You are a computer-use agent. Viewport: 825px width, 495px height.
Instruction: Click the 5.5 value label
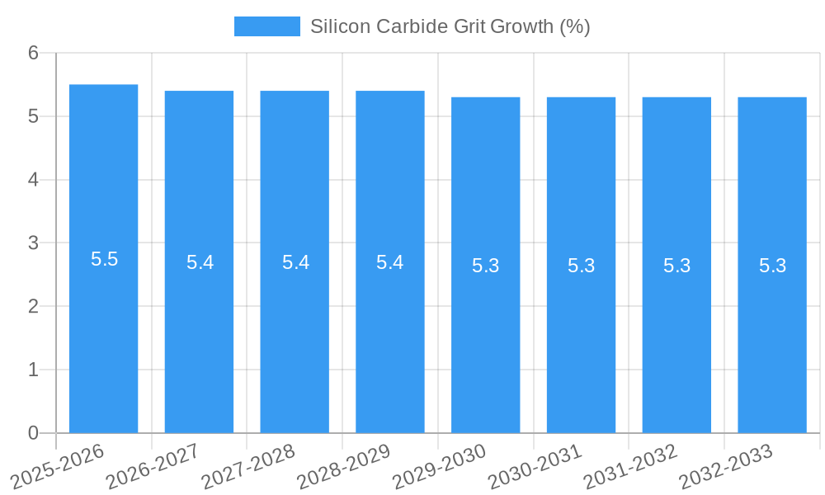pyautogui.click(x=105, y=259)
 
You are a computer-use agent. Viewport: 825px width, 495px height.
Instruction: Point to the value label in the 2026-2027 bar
pyautogui.click(x=200, y=262)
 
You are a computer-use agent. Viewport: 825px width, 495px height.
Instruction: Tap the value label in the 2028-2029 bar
pyautogui.click(x=389, y=262)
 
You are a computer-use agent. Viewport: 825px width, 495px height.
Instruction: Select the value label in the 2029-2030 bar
pyautogui.click(x=486, y=266)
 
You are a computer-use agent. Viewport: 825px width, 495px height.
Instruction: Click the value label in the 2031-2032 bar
pyautogui.click(x=676, y=266)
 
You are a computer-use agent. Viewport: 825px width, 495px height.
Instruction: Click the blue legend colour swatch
pyautogui.click(x=266, y=26)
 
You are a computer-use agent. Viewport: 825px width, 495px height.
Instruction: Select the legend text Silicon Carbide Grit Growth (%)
pyautogui.click(x=450, y=26)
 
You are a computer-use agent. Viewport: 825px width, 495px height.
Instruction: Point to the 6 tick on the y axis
pyautogui.click(x=33, y=53)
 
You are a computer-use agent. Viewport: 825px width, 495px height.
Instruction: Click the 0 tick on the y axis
pyautogui.click(x=33, y=433)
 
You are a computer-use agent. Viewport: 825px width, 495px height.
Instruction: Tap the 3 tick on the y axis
pyautogui.click(x=33, y=243)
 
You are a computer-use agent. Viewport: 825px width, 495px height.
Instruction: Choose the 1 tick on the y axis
pyautogui.click(x=33, y=370)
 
